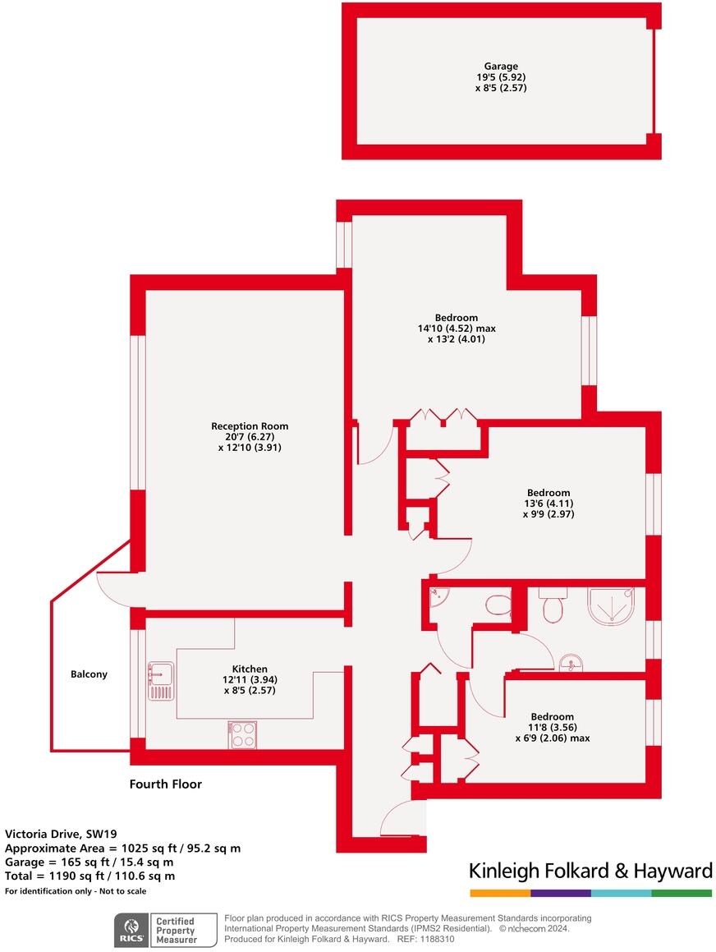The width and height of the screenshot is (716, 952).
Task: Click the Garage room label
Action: tap(501, 67)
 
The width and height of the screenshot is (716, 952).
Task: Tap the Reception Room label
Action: tap(250, 426)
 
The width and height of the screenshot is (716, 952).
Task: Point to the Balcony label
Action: tap(89, 674)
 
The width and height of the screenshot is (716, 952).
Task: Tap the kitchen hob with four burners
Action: tap(242, 734)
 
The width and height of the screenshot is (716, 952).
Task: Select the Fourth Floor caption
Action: tap(165, 784)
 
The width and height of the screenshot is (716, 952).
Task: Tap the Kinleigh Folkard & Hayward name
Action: tap(590, 871)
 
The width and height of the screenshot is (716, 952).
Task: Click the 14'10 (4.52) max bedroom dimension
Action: tap(457, 328)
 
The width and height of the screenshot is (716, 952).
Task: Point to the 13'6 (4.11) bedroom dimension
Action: tap(548, 504)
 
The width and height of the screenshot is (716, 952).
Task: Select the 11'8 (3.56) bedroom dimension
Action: tap(552, 727)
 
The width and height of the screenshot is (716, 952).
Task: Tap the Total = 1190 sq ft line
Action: tap(89, 876)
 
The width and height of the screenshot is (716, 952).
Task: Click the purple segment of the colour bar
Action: tap(560, 892)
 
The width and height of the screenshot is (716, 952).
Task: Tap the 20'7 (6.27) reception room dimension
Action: tap(250, 437)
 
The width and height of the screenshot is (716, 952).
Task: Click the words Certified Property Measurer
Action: tap(176, 931)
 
